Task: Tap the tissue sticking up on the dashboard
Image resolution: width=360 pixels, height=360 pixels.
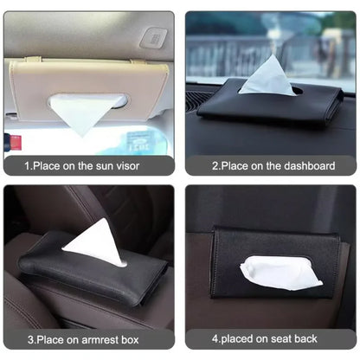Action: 266,75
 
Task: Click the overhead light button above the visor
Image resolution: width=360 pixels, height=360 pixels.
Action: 155,38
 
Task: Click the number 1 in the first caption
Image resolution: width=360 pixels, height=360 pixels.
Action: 27,164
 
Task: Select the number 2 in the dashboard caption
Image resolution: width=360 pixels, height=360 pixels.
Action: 213,164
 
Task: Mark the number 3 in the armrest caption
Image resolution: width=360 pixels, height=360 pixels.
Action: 29,339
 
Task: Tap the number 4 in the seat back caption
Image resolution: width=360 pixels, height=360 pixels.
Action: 214,339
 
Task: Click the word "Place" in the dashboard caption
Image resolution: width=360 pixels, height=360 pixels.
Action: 235,164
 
